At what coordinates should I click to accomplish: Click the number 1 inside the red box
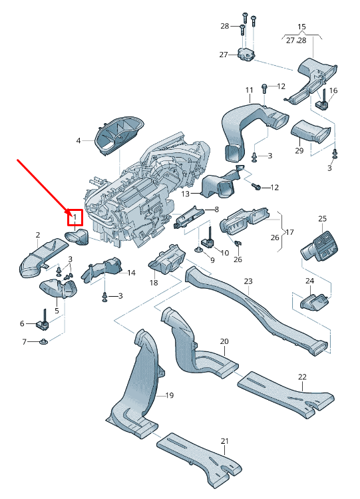click(x=75, y=217)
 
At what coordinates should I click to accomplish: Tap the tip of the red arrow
click(x=67, y=212)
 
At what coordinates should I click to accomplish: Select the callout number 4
click(x=78, y=140)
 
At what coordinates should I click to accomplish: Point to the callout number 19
click(x=169, y=395)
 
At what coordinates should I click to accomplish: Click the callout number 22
click(x=302, y=377)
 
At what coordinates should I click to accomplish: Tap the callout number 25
click(x=322, y=219)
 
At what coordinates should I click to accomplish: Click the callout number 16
click(x=333, y=90)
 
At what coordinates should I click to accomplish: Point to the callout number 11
click(x=250, y=90)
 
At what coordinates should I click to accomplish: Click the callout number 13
click(x=186, y=194)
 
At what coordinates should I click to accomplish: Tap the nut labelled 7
click(x=44, y=343)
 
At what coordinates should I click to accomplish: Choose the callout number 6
click(x=22, y=323)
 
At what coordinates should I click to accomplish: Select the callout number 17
click(x=289, y=232)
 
